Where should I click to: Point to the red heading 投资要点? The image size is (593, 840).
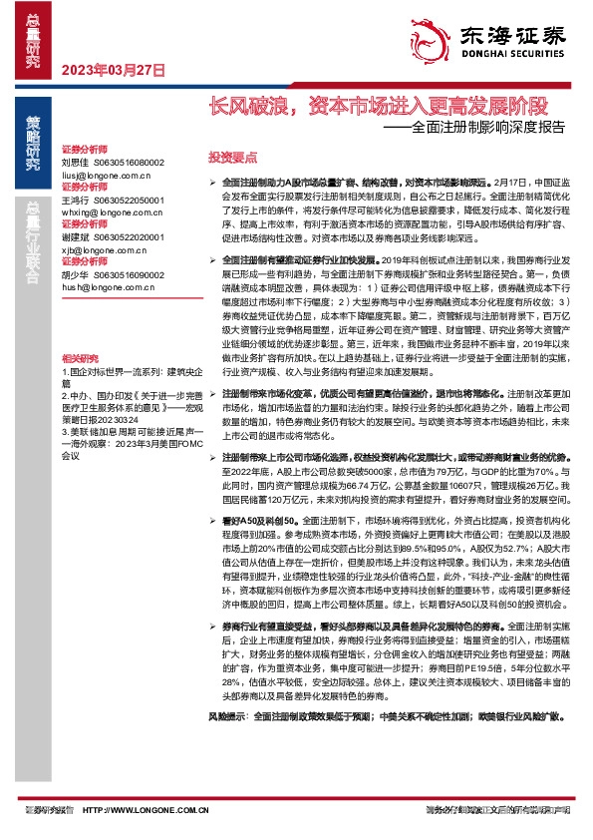click(x=232, y=158)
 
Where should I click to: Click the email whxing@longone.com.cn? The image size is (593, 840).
click(x=108, y=213)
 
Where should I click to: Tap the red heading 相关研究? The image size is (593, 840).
click(x=80, y=357)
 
